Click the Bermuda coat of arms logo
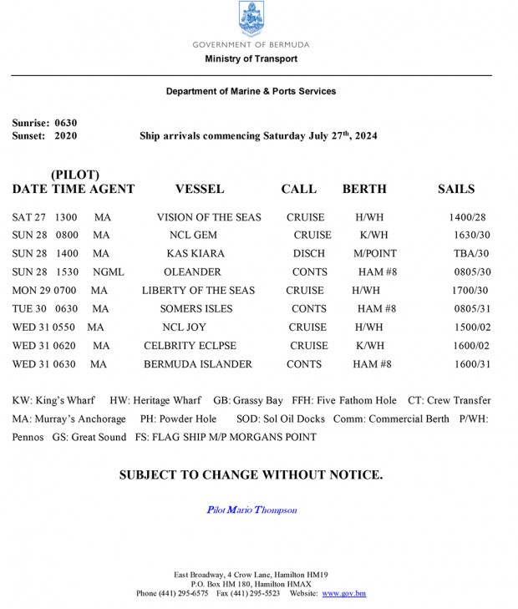(251, 19)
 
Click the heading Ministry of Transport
(251, 59)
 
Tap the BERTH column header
(364, 189)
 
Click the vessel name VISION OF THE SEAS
(209, 217)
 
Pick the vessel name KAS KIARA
(196, 253)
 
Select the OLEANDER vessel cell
(193, 272)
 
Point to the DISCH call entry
(308, 253)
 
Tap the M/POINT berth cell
(375, 253)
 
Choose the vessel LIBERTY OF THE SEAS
(198, 291)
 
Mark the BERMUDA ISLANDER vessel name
(198, 364)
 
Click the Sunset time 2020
(66, 135)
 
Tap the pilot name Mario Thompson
(251, 510)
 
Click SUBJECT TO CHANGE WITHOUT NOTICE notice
(251, 475)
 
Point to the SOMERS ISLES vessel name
(197, 309)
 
